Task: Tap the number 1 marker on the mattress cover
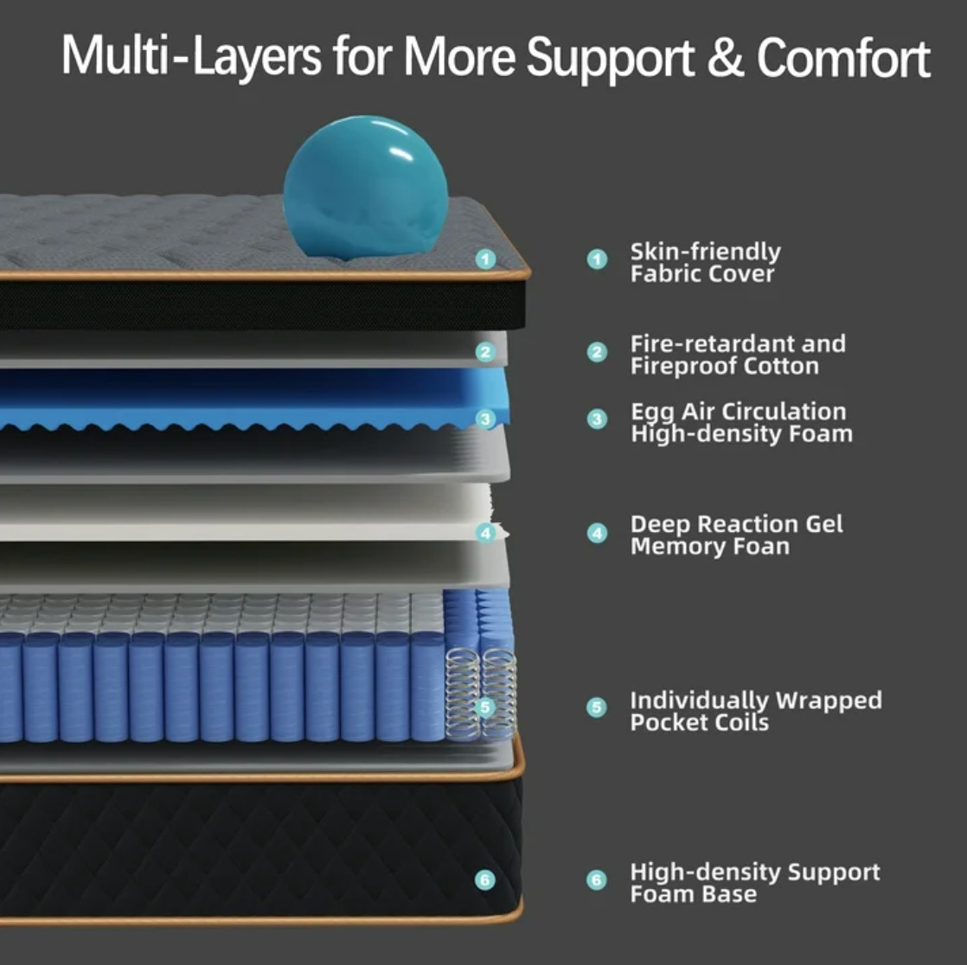486,259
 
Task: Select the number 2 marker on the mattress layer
485,352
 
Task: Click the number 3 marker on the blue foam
486,419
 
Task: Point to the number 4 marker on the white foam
486,533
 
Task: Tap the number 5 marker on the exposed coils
485,707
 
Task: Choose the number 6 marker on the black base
485,880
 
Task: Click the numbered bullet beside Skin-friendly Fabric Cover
597,259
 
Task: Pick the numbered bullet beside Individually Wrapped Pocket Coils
596,707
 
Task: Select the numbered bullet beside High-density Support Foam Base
596,880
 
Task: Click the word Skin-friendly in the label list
706,252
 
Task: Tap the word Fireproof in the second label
683,367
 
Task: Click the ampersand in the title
725,57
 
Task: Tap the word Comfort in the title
843,57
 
